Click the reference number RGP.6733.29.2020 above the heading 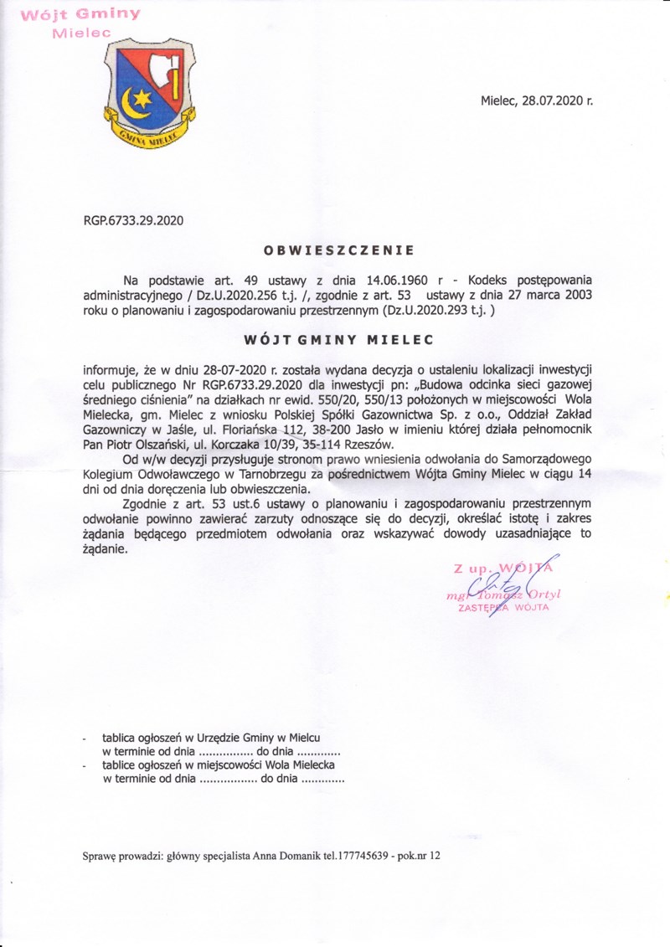point(133,222)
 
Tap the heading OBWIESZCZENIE point(338,250)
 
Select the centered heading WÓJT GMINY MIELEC point(338,340)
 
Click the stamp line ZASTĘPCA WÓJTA point(503,608)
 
